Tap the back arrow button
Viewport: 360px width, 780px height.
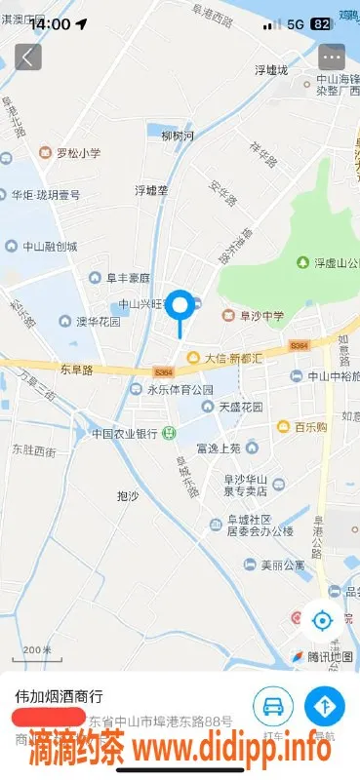[27, 57]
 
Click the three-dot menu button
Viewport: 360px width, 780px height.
[332, 57]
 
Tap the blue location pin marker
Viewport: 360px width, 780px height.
[180, 306]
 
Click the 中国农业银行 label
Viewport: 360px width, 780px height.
[125, 433]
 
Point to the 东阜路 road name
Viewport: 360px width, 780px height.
[76, 370]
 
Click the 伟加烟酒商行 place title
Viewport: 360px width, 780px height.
[59, 697]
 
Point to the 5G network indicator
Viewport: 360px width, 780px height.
[294, 23]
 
